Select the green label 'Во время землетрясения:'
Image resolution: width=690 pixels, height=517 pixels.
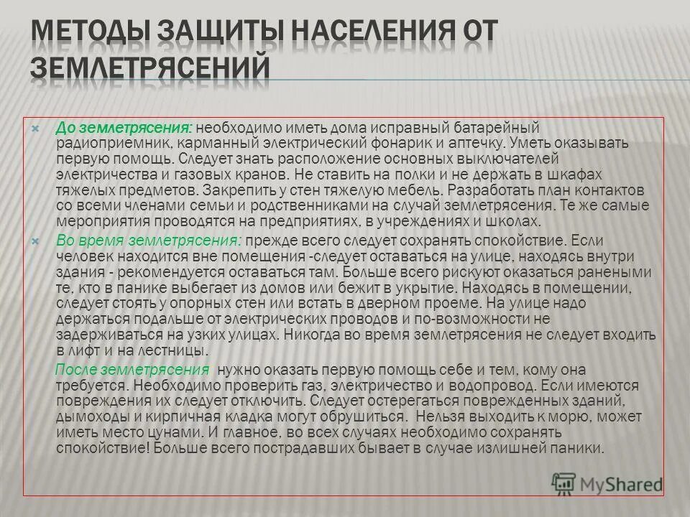(149, 239)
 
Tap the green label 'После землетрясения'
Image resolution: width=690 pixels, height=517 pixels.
(132, 370)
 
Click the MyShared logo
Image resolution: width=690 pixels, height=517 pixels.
(608, 483)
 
